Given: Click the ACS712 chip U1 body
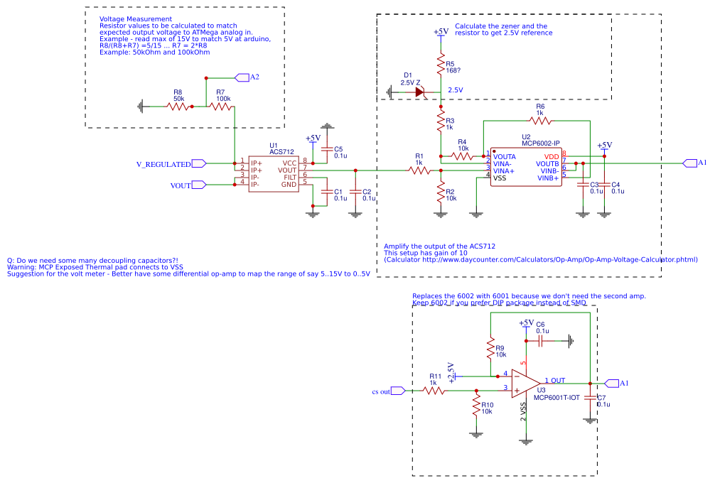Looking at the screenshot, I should pyautogui.click(x=273, y=173).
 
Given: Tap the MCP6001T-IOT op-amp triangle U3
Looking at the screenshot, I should pyautogui.click(x=525, y=384).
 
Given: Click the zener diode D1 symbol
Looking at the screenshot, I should pyautogui.click(x=419, y=92).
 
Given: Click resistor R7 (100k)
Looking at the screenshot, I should pyautogui.click(x=220, y=107).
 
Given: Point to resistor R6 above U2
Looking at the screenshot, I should pyautogui.click(x=539, y=121).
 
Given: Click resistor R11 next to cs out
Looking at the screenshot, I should pyautogui.click(x=434, y=390).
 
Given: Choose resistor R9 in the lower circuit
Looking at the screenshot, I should pyautogui.click(x=490, y=349).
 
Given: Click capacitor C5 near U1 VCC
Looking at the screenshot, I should pyautogui.click(x=327, y=150).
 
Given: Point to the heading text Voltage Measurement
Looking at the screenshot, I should pyautogui.click(x=135, y=18).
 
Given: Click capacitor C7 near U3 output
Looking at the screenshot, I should pyautogui.click(x=590, y=399).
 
